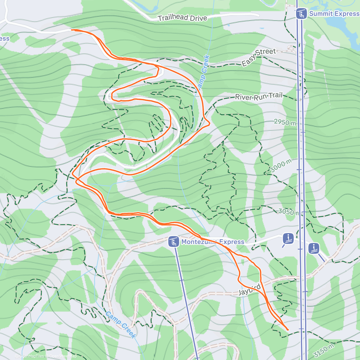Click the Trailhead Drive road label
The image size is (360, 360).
182,18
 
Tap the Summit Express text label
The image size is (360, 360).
334,14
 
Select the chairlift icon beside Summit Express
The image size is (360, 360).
301,14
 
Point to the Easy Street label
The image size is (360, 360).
259,57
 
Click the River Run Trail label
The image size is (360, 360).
259,97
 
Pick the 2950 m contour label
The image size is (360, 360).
285,122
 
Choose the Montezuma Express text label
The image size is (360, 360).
213,242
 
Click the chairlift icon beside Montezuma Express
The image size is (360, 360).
174,242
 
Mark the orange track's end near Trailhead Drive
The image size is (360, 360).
72,30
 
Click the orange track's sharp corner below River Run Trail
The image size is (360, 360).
209,123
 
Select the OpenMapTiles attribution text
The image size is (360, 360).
31,356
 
